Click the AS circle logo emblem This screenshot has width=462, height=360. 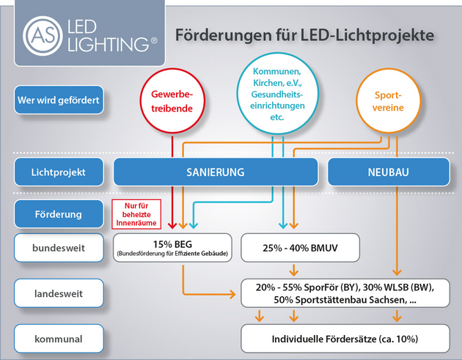42,34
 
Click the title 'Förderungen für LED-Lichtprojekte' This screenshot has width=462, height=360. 304,34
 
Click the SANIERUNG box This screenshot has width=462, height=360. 216,173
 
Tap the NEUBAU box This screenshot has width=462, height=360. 389,173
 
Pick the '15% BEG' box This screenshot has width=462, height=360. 172,248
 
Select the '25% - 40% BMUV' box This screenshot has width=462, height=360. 299,248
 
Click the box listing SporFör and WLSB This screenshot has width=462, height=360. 342,293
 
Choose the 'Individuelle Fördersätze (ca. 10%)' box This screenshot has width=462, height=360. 342,339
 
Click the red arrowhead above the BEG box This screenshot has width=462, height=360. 172,225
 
